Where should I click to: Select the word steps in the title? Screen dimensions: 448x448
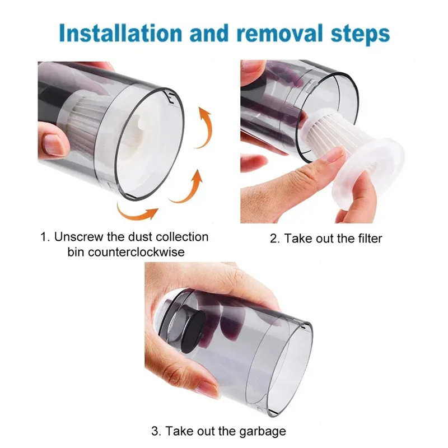click(358, 33)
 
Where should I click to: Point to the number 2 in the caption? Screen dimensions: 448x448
click(274, 239)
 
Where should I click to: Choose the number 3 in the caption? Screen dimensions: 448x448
click(155, 431)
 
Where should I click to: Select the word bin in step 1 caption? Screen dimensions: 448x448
click(77, 252)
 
